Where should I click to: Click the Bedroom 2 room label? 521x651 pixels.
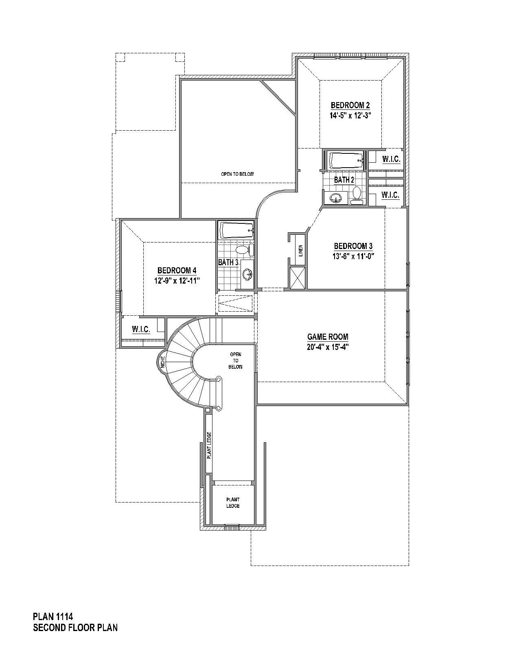[350, 105]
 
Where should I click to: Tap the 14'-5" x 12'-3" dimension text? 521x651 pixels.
[350, 116]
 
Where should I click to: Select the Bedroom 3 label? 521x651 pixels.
[353, 246]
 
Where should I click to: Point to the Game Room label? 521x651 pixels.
[328, 337]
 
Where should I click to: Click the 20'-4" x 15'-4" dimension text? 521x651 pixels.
[328, 347]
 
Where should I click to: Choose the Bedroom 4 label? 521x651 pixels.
[177, 271]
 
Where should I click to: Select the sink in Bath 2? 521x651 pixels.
[336, 198]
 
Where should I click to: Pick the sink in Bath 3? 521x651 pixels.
[247, 275]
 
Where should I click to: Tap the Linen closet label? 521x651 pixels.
[300, 250]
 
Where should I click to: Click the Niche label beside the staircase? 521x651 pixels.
[163, 362]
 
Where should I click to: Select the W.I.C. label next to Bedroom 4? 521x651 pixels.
[141, 329]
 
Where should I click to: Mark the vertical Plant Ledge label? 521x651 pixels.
[209, 445]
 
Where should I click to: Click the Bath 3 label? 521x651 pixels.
[228, 262]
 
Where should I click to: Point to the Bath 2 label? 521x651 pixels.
[344, 180]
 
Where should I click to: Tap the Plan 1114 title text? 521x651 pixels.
[53, 616]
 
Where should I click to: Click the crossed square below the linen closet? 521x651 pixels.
[297, 278]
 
